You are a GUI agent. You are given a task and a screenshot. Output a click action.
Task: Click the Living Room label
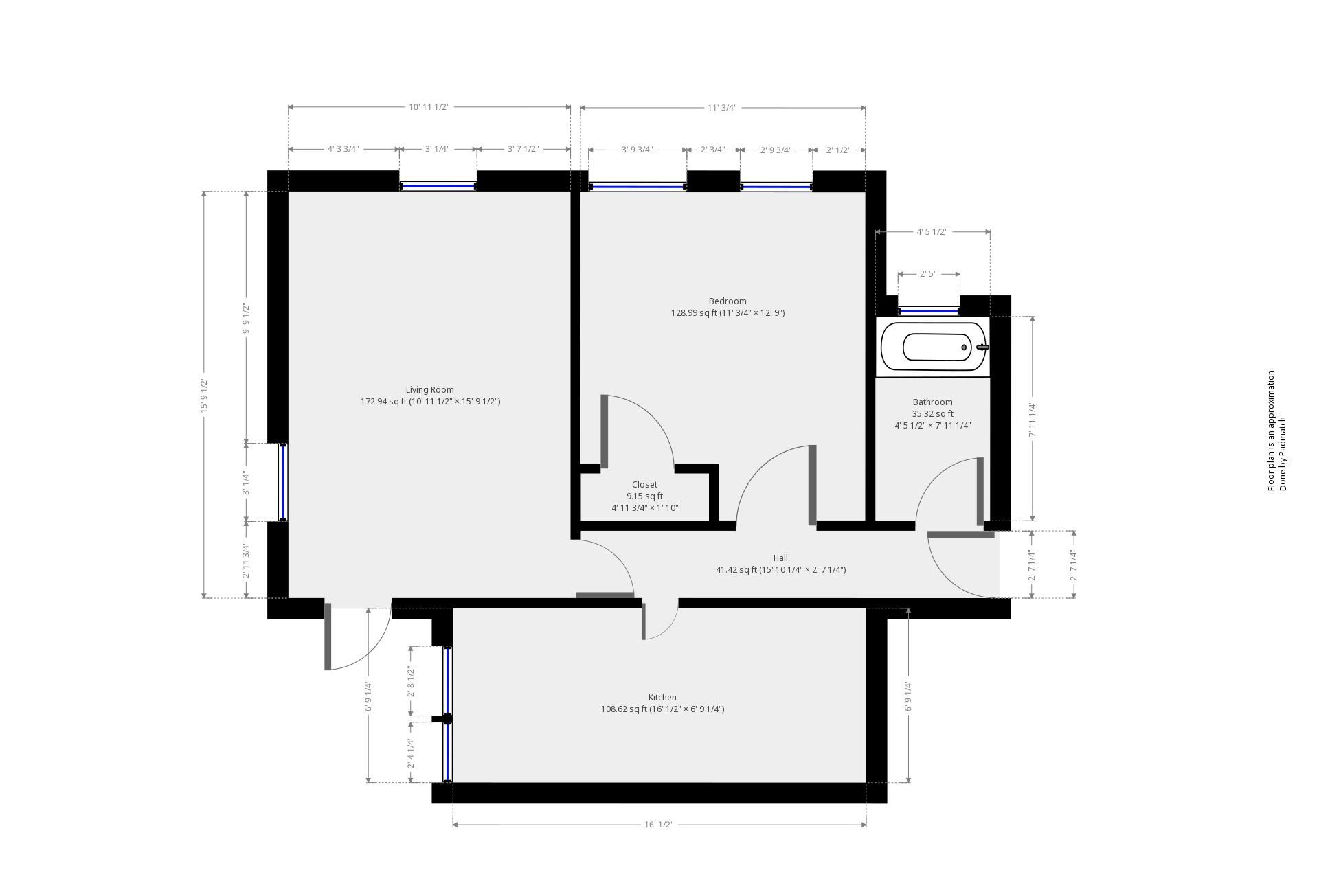(429, 390)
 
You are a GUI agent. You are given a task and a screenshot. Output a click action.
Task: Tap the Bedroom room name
(727, 301)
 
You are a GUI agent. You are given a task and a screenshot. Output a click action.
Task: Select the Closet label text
(644, 485)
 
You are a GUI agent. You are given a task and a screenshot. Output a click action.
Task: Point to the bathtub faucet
(983, 347)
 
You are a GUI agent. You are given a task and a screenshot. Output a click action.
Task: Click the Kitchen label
(662, 698)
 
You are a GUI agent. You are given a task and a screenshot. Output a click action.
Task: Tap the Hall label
(780, 558)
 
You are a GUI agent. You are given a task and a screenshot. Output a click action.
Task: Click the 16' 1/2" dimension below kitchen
(659, 824)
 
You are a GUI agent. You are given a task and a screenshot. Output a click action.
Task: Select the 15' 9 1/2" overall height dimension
(204, 395)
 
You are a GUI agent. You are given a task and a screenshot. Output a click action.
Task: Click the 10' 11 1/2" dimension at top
(429, 107)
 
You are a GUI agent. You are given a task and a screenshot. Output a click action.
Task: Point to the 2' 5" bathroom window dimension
(928, 274)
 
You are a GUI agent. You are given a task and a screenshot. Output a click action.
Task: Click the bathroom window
(929, 311)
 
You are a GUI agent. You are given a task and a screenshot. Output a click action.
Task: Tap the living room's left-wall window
(282, 482)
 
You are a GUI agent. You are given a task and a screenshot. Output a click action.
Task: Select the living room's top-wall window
(438, 185)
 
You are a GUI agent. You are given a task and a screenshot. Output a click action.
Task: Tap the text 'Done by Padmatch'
(1283, 454)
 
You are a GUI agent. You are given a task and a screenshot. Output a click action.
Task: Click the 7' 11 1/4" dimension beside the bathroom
(1032, 419)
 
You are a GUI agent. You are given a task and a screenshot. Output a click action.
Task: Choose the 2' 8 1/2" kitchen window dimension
(411, 681)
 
